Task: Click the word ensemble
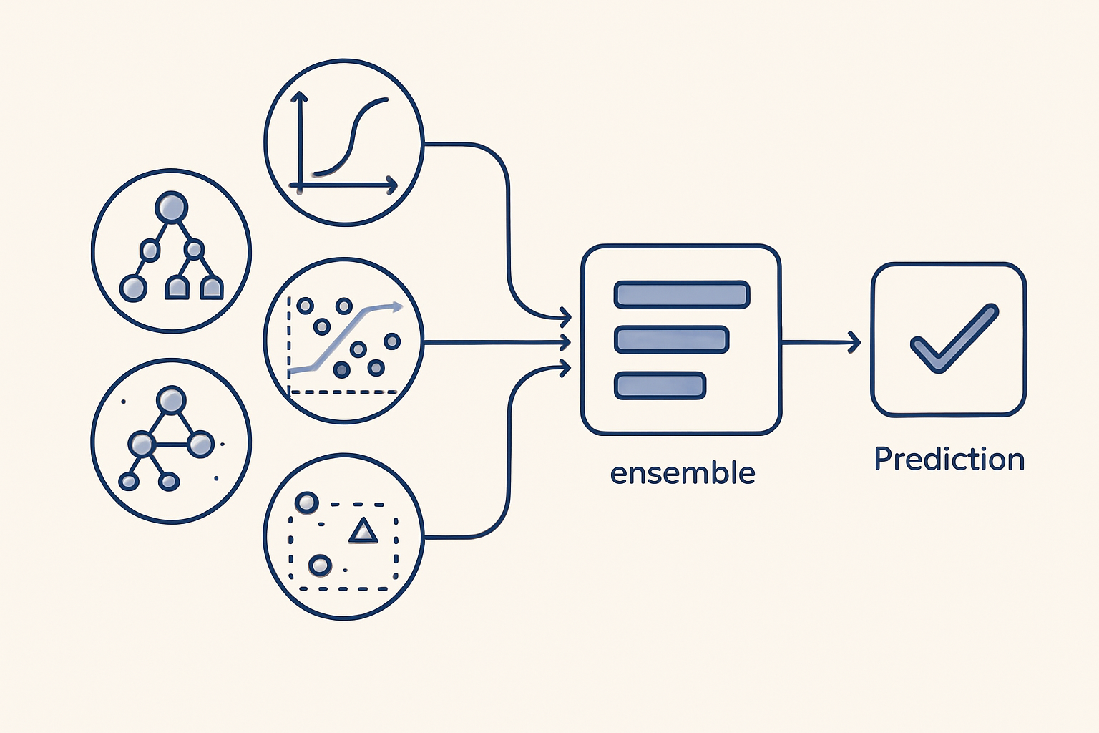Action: [682, 473]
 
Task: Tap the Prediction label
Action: [949, 459]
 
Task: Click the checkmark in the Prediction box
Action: [953, 339]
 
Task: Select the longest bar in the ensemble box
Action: [681, 294]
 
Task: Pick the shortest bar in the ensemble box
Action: [660, 385]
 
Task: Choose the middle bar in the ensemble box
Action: [671, 339]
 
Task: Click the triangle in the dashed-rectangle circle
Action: [363, 532]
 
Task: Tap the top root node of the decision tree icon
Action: [171, 208]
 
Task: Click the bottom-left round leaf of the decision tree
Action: [133, 288]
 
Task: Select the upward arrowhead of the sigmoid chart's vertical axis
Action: [300, 97]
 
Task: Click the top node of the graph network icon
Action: [171, 400]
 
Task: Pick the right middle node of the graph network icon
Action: [201, 444]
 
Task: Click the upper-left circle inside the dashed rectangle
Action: [307, 503]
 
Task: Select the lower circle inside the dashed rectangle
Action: [320, 565]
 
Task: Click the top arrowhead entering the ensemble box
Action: [565, 315]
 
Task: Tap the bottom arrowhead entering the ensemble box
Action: [565, 368]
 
